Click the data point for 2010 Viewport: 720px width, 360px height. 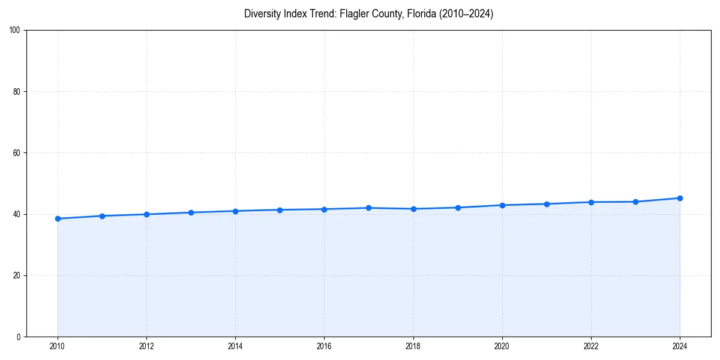click(x=58, y=218)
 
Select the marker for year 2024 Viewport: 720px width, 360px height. click(x=680, y=198)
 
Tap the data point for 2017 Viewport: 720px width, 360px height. click(x=368, y=208)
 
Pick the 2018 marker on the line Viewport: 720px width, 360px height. click(x=413, y=209)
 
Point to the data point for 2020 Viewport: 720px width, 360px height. click(x=502, y=205)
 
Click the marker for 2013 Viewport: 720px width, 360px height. click(x=191, y=212)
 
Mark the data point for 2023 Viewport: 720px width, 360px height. click(x=635, y=202)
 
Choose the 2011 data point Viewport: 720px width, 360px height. click(x=102, y=216)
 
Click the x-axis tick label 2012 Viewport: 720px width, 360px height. click(x=146, y=346)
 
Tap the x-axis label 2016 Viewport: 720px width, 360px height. click(x=324, y=346)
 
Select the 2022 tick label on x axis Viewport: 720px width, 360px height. click(x=591, y=346)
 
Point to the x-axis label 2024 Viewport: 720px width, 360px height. click(x=680, y=346)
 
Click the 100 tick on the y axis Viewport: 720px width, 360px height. click(x=15, y=31)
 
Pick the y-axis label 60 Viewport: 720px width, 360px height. click(x=17, y=153)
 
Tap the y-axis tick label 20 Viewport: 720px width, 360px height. click(x=17, y=275)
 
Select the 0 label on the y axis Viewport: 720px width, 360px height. click(x=19, y=337)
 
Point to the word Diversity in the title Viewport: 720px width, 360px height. click(x=262, y=14)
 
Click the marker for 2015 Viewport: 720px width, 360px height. click(x=280, y=209)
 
